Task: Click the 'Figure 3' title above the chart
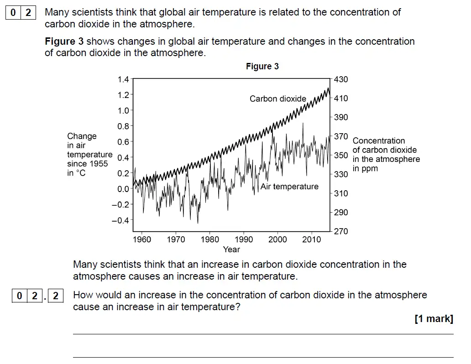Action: pos(262,67)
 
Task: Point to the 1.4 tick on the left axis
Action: pos(123,79)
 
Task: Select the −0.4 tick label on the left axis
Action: pos(121,220)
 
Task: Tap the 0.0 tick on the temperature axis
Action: pos(123,189)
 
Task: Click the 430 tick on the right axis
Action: pos(341,79)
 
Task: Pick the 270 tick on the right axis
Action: pos(341,231)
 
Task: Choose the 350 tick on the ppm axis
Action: pos(341,155)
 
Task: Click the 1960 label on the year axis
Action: pos(141,239)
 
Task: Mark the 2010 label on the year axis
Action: pos(312,239)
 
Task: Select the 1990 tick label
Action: pos(244,239)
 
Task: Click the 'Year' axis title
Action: pos(231,250)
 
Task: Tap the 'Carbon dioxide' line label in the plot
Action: pos(278,99)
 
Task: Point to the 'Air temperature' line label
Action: pos(289,187)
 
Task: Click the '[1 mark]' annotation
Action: pos(434,319)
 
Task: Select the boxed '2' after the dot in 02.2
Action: pos(56,296)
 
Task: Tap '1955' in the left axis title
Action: pos(98,164)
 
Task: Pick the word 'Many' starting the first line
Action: pos(56,12)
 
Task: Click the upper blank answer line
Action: pos(263,334)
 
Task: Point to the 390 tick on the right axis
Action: pos(341,117)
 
